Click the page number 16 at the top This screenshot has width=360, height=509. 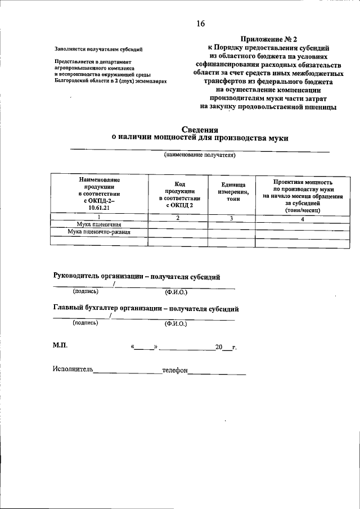201,24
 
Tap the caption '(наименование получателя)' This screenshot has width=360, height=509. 200,155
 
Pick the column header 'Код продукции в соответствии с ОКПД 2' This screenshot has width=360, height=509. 179,195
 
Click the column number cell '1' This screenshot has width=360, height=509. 100,218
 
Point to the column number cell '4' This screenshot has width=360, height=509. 303,219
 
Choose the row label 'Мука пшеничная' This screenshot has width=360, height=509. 100,224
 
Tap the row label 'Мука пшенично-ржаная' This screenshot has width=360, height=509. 99,232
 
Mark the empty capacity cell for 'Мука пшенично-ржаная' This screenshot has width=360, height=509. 303,232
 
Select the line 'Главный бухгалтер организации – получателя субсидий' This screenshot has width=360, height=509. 146,309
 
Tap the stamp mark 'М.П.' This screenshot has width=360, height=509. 61,345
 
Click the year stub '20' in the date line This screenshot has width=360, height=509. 219,347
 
